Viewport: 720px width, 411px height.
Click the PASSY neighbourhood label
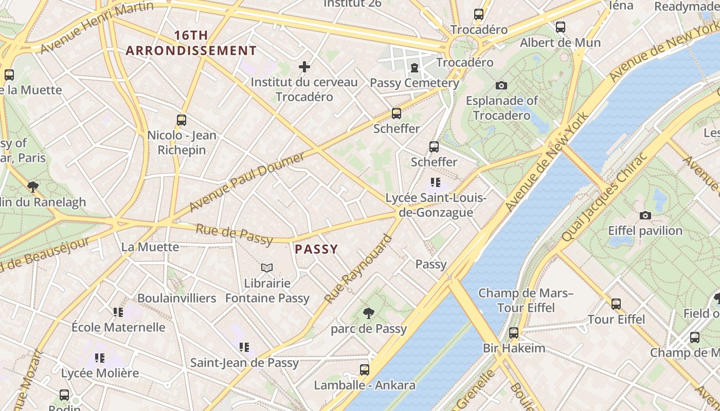[316, 250]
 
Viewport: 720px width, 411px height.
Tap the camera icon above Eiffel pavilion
[645, 215]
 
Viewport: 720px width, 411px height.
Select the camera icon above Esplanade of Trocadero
[501, 85]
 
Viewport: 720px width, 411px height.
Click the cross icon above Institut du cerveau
[304, 67]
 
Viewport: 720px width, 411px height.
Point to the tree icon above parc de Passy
[368, 313]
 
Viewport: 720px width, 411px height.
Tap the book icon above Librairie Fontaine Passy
[266, 268]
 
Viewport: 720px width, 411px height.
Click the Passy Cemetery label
[414, 83]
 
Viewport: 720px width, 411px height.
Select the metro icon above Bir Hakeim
[513, 332]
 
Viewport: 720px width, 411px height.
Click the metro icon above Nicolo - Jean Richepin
[181, 120]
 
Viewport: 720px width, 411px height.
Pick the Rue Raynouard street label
[358, 269]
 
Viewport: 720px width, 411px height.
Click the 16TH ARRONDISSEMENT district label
[191, 43]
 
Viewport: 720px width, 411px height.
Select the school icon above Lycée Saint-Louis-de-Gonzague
[436, 182]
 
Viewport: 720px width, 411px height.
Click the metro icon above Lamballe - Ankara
[364, 369]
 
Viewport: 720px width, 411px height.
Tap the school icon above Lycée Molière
[99, 358]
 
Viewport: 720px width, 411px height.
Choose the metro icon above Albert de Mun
[560, 27]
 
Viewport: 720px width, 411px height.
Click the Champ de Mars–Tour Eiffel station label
[526, 301]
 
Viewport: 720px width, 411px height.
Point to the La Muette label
[150, 247]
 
